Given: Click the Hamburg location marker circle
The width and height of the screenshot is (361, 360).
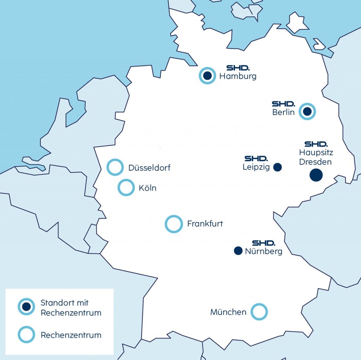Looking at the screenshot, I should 207,75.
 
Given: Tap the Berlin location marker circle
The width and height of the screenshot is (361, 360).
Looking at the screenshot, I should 308,111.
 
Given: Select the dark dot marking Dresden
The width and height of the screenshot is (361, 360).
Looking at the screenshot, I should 316,175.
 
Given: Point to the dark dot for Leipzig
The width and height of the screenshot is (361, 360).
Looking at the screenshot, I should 278,167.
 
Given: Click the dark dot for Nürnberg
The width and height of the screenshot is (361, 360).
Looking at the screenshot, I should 237,251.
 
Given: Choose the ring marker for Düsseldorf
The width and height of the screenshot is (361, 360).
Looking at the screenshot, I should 115,167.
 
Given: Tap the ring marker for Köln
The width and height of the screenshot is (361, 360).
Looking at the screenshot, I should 125,187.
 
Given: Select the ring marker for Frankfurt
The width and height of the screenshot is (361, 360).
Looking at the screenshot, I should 173,223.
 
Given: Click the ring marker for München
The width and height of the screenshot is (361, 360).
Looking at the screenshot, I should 259,311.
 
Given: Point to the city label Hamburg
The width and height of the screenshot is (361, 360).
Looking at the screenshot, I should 238,76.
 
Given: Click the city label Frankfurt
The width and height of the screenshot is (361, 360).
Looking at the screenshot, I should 205,224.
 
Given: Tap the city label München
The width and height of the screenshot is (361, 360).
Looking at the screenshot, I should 228,312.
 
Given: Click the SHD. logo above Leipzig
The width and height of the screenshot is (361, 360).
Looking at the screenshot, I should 256,159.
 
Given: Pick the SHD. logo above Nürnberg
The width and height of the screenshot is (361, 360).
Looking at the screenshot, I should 263,243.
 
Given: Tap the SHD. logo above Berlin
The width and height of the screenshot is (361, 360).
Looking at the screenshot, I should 283,103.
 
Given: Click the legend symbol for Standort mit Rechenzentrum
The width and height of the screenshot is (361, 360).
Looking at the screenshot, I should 26,307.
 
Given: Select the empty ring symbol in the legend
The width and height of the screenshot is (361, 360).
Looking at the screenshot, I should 26,335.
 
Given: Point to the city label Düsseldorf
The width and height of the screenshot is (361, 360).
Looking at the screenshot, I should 149,168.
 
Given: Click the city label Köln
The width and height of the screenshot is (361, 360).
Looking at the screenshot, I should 148,188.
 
